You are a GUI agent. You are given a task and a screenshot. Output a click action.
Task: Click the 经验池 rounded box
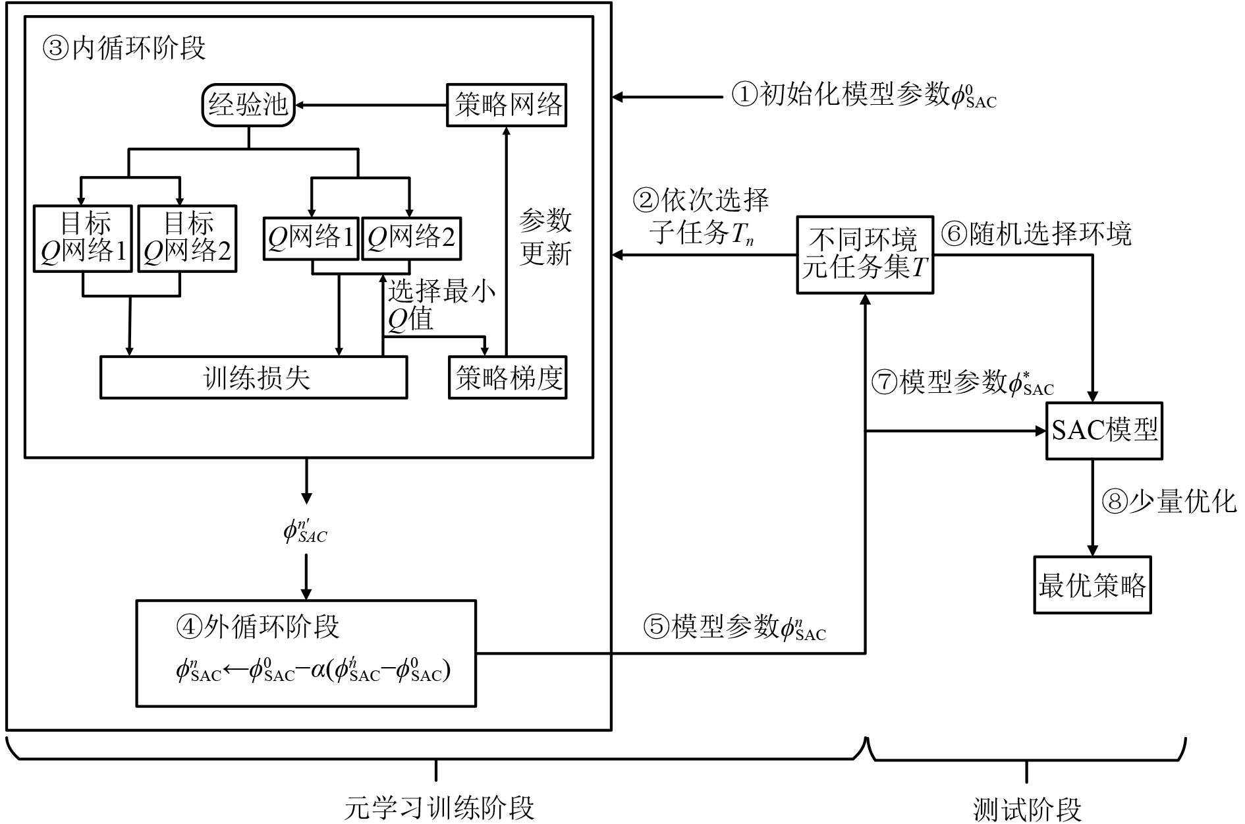[x=248, y=105]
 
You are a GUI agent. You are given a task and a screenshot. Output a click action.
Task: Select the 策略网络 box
[x=507, y=105]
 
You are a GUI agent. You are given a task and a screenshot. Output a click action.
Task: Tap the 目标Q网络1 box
[x=83, y=238]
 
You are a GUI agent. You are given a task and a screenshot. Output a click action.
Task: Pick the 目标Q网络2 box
[x=186, y=238]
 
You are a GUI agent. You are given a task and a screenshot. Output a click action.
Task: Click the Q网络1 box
[x=311, y=238]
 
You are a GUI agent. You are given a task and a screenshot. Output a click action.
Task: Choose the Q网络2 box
[x=411, y=238]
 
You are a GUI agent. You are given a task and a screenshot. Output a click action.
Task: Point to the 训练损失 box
[x=254, y=378]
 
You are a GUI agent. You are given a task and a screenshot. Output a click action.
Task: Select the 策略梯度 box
[x=507, y=378]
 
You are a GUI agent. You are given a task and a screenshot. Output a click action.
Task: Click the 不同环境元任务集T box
[x=865, y=254]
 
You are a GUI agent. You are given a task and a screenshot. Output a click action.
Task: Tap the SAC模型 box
[x=1104, y=430]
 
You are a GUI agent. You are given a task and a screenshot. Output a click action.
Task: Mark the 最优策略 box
[x=1092, y=585]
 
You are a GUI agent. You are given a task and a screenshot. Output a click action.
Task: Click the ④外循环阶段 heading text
[x=258, y=626]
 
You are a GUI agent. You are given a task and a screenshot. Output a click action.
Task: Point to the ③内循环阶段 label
[x=124, y=48]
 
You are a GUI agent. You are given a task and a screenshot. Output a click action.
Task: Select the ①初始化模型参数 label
[x=863, y=96]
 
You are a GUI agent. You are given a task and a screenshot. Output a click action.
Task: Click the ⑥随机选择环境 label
[x=1036, y=234]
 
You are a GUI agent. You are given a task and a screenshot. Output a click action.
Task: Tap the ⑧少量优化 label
[x=1169, y=502]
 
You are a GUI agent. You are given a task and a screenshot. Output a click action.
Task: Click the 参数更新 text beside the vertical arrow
[x=545, y=237]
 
